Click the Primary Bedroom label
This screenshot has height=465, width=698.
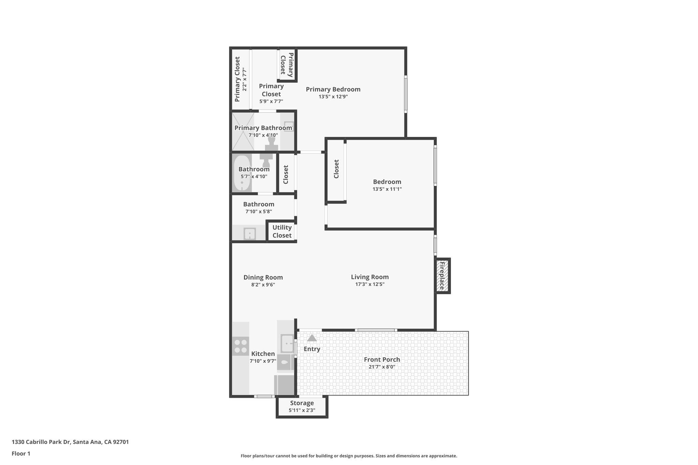333,89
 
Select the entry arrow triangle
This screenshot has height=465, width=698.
312,338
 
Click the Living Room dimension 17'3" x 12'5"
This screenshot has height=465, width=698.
370,284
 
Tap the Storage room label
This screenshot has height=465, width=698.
302,403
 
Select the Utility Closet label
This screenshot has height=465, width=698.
282,232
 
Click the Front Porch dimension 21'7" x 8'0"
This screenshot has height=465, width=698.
382,367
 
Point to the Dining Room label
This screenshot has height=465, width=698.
263,277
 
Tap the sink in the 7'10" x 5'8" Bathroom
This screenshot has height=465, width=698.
249,234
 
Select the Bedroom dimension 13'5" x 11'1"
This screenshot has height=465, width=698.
387,189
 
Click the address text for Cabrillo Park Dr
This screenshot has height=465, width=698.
70,442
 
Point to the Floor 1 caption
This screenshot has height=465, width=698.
21,453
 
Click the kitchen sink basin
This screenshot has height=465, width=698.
287,343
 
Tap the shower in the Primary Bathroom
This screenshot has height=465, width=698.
243,132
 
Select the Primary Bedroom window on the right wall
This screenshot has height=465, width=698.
406,94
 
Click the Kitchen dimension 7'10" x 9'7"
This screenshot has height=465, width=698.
263,361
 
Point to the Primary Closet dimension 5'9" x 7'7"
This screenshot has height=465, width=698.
271,101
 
